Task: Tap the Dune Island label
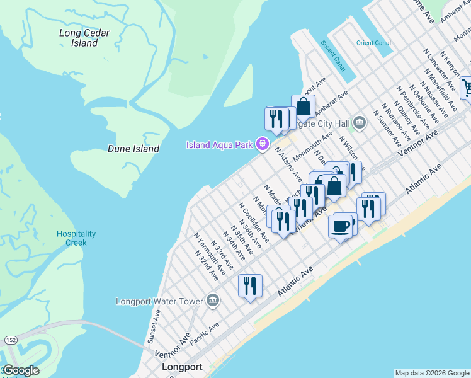pyautogui.click(x=133, y=149)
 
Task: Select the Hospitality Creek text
pyautogui.click(x=76, y=238)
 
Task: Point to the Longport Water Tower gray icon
pyautogui.click(x=212, y=301)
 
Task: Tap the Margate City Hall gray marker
pyautogui.click(x=360, y=122)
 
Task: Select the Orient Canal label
pyautogui.click(x=373, y=43)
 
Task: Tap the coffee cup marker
pyautogui.click(x=341, y=226)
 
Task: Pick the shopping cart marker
pyautogui.click(x=467, y=87)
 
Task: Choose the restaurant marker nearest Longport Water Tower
pyautogui.click(x=250, y=287)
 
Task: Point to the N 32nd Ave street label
pyautogui.click(x=207, y=266)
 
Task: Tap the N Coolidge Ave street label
pyautogui.click(x=254, y=222)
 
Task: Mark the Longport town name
pyautogui.click(x=182, y=367)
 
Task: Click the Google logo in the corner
pyautogui.click(x=21, y=370)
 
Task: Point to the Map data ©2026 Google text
pyautogui.click(x=432, y=373)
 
